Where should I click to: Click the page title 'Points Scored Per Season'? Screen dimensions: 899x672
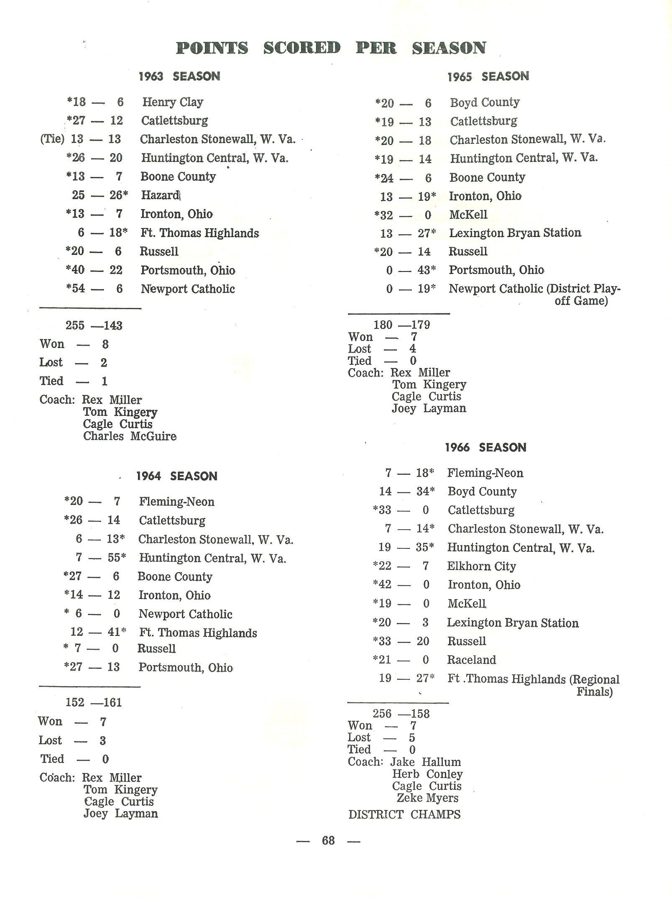coord(331,48)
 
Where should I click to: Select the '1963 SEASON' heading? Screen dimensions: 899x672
coord(179,76)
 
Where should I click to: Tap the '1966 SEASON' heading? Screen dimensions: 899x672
coord(485,447)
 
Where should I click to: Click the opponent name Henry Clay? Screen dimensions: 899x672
coord(172,102)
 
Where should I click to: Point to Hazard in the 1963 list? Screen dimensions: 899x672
coord(160,195)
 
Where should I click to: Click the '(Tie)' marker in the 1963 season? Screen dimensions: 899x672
coord(52,139)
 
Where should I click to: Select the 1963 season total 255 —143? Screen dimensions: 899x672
coord(94,325)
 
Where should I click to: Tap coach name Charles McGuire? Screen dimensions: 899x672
coord(130,436)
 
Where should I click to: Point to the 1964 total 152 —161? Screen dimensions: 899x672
coord(94,702)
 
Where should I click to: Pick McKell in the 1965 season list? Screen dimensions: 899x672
coord(468,215)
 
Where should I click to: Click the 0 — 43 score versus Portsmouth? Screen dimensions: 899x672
coord(411,270)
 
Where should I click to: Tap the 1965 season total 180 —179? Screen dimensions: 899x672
coord(402,325)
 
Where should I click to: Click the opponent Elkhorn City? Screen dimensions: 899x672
coord(481,566)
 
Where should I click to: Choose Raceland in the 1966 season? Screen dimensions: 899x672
coord(471,660)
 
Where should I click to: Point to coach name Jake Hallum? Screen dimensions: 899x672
coord(425,762)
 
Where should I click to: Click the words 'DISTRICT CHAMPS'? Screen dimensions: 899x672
coord(404,814)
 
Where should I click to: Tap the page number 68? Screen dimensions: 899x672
coord(328,840)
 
